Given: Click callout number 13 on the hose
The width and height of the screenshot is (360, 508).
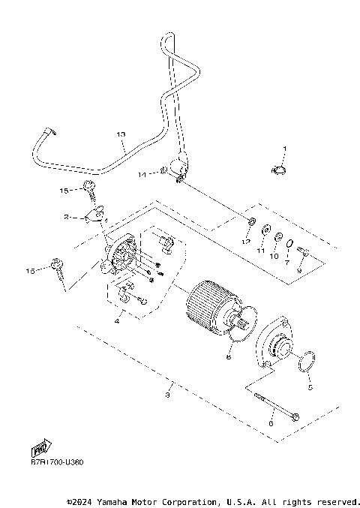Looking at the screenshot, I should pyautogui.click(x=120, y=135).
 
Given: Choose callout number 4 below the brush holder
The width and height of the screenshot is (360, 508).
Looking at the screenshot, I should pyautogui.click(x=116, y=322).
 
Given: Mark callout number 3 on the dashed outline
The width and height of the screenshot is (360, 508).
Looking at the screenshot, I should pyautogui.click(x=168, y=395).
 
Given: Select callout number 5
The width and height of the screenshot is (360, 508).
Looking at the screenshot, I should pyautogui.click(x=311, y=388).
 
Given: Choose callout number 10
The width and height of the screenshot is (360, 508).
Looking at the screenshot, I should pyautogui.click(x=274, y=256).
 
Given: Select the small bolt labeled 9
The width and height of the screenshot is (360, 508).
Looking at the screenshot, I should pyautogui.click(x=304, y=252).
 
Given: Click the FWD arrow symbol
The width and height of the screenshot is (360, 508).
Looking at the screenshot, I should pyautogui.click(x=39, y=449).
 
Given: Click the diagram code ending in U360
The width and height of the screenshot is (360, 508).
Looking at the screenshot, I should pyautogui.click(x=57, y=463).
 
